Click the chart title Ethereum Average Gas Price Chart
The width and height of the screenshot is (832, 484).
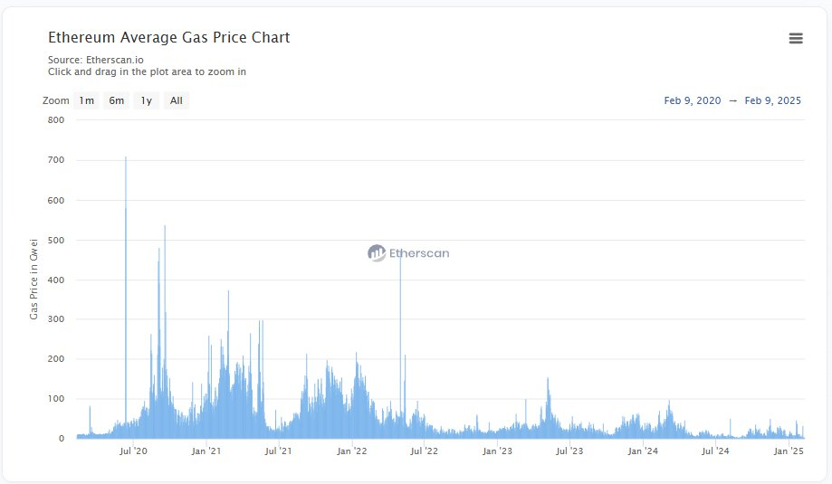[x=168, y=38]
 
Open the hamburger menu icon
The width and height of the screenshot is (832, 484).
[x=796, y=38]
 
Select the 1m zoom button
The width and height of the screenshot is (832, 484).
[x=87, y=100]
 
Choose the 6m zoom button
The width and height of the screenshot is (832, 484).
[x=117, y=100]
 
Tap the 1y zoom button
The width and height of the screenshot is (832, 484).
[x=146, y=100]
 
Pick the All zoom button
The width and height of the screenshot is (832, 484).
[x=176, y=100]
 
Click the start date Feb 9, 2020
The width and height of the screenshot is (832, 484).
[x=693, y=100]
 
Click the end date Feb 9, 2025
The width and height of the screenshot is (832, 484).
[x=773, y=100]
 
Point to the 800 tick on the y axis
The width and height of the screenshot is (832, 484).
[x=55, y=120]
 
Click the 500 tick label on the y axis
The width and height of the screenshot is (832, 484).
[x=55, y=240]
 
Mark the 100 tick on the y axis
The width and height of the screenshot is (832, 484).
[x=55, y=399]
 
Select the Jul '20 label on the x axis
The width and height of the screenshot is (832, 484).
[x=133, y=451]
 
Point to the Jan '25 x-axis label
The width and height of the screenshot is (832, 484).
[x=791, y=451]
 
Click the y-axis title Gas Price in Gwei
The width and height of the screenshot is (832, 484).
[x=34, y=279]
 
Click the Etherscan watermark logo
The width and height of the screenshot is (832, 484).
[x=408, y=253]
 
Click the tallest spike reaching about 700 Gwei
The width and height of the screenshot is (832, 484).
[x=126, y=159]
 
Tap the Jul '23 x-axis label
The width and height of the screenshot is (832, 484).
[x=569, y=451]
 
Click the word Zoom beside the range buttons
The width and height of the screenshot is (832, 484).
[x=56, y=100]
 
